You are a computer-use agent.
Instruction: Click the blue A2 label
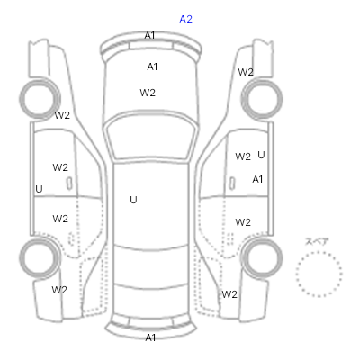185,19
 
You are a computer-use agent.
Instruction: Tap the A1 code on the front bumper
149,35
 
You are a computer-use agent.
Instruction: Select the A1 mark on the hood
152,67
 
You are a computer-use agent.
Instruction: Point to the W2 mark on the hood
148,93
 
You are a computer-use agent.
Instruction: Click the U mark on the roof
133,200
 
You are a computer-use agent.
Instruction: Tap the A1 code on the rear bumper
150,337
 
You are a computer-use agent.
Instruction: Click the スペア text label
317,241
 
